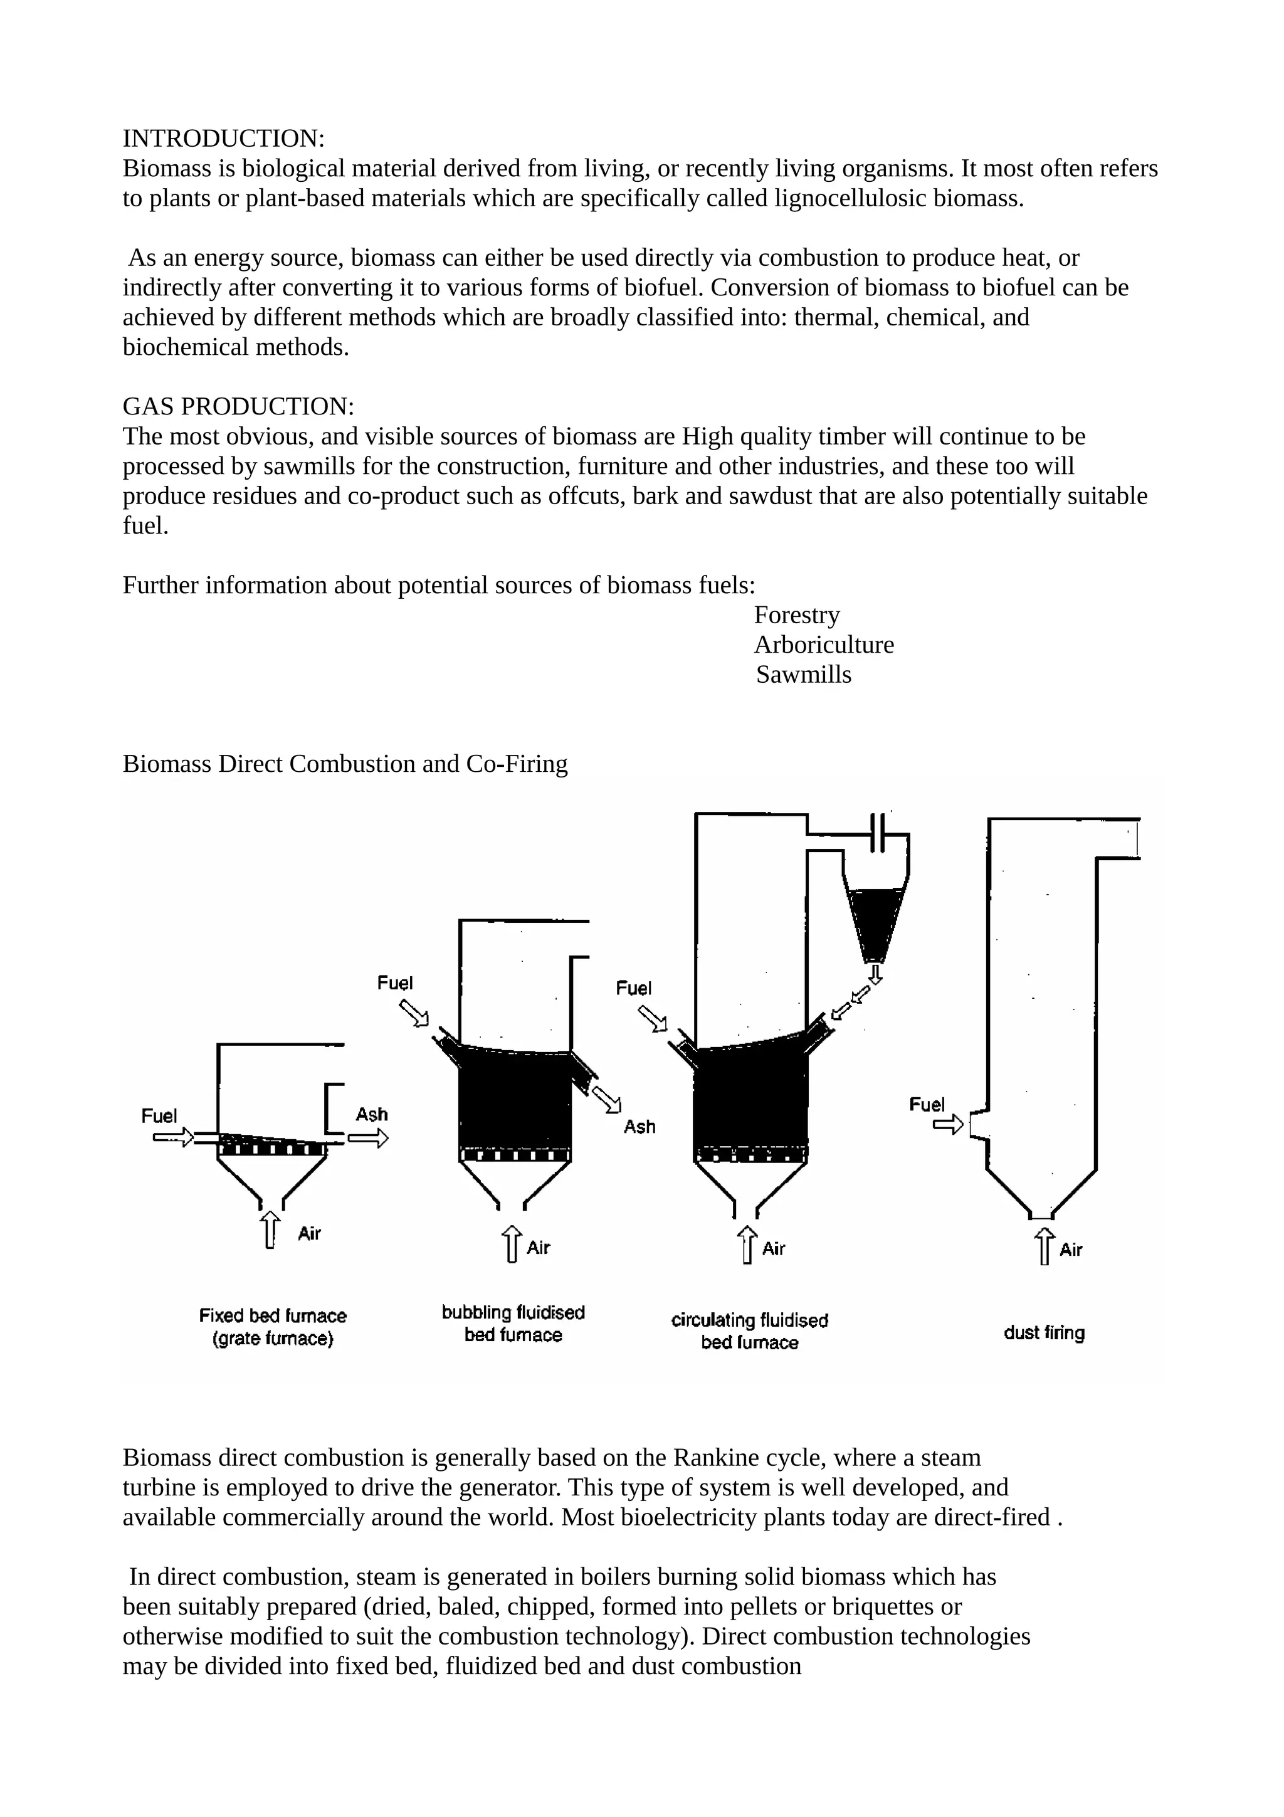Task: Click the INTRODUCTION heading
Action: pos(223,139)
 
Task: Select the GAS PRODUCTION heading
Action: pos(238,407)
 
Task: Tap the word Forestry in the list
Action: pos(796,615)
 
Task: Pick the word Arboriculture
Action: pos(824,645)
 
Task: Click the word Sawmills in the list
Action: pos(803,675)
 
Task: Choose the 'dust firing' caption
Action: pos(1043,1333)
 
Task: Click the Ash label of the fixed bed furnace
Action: pos(371,1114)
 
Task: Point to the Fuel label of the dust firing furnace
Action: pos(927,1104)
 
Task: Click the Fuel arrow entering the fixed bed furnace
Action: pos(172,1138)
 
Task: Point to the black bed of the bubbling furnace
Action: pos(514,1100)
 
